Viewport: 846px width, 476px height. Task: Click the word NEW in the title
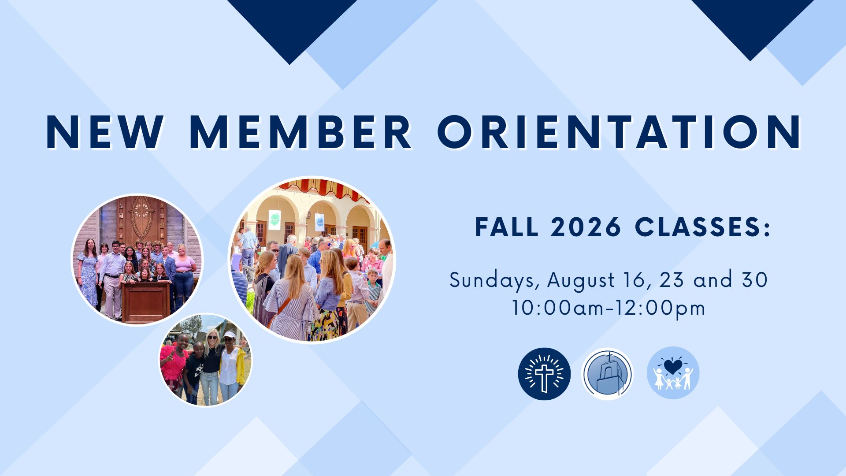pos(104,133)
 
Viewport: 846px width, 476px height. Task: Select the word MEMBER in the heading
pos(301,133)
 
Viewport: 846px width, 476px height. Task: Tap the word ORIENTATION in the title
pos(620,133)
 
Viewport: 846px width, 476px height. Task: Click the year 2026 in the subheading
pos(586,227)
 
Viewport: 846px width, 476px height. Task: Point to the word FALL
pos(507,227)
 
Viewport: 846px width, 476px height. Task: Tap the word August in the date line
pos(581,281)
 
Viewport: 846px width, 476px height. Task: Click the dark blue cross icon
pos(544,374)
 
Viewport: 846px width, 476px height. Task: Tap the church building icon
pos(607,374)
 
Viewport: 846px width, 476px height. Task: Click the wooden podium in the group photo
pos(145,301)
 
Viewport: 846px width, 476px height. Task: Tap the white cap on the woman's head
pos(230,335)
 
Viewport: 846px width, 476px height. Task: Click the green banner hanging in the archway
pos(275,219)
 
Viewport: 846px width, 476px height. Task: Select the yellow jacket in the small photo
pos(240,366)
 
